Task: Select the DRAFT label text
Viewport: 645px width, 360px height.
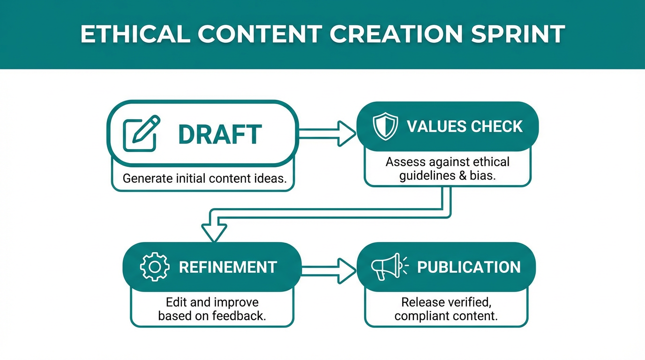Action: [x=220, y=135]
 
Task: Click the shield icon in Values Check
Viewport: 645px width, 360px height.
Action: [x=385, y=126]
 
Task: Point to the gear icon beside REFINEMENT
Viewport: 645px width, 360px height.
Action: [x=155, y=267]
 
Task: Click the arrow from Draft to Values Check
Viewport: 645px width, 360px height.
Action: [x=327, y=134]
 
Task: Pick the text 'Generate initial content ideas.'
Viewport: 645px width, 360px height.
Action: [x=204, y=179]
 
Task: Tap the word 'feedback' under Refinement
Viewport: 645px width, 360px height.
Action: [x=239, y=315]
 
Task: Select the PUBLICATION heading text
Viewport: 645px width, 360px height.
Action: [x=469, y=267]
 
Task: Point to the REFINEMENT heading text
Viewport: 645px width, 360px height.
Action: [x=228, y=267]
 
